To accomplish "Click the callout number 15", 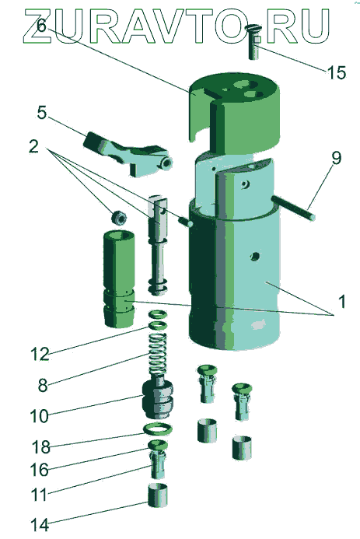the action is pos(337,72).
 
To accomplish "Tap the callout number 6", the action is pos(41,26).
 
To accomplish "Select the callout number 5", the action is pos(41,113).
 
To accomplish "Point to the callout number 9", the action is pos(337,159).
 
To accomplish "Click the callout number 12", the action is pos(40,354).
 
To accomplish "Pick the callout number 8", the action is pos(43,385).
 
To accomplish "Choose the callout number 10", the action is pos(40,416).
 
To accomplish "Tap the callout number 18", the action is pos(41,447).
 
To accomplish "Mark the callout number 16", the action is pos(40,470).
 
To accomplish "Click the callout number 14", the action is pos(40,525).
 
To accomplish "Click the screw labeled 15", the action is pos(254,42).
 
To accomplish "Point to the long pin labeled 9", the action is pos(292,208).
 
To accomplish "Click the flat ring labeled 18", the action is pos(158,429).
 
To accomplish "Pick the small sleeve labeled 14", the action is pos(158,495).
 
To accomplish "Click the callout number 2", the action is pos(33,147).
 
